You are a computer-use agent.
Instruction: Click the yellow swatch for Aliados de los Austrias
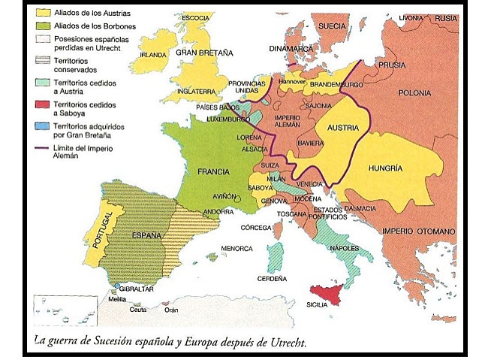point(43,14)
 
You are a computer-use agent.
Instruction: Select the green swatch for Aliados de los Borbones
point(43,26)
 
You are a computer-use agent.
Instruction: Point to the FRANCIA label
point(213,171)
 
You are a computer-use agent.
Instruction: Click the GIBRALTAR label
point(136,289)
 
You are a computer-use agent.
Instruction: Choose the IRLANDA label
point(152,55)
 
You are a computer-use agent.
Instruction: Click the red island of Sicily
point(328,291)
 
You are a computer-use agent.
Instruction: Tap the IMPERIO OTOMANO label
point(419,230)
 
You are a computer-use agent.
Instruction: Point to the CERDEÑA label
point(273,278)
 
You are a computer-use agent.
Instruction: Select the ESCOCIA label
point(196,18)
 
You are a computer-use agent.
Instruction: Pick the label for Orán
point(172,310)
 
